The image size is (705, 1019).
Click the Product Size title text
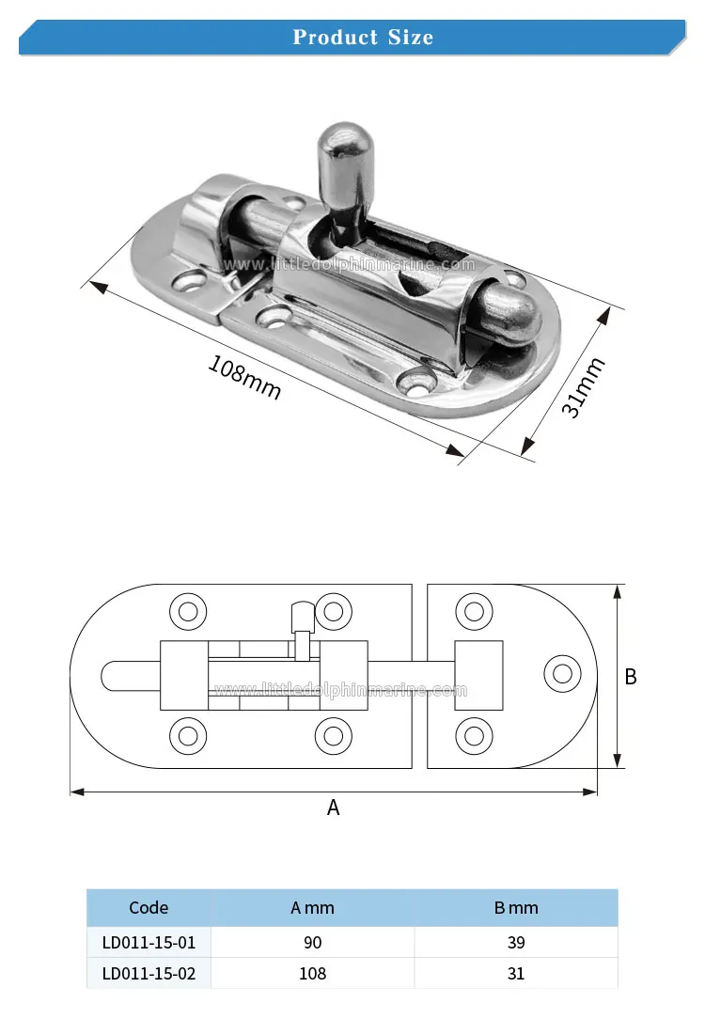coord(363,38)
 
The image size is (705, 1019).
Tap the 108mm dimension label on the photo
coord(244,376)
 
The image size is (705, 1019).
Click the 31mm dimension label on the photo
coord(583,387)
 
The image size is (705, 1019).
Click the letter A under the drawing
coord(333,807)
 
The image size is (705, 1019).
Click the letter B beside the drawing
coord(631,677)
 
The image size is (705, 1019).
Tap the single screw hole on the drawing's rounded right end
coord(562,673)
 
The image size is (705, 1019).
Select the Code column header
coord(149,907)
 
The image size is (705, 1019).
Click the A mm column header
coord(312,907)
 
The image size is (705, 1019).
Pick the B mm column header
coord(516,907)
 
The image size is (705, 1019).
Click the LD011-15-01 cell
coord(149,942)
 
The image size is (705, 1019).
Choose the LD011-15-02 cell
coord(149,973)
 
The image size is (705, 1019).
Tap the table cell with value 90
coord(312,942)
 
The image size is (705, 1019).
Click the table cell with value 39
coord(516,942)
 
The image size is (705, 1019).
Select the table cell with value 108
coord(312,973)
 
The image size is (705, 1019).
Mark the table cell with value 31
coord(516,973)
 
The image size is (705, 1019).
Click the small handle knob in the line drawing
coord(301,616)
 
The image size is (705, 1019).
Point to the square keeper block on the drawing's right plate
coord(479,675)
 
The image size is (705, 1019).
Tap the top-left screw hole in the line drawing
coord(187,612)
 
